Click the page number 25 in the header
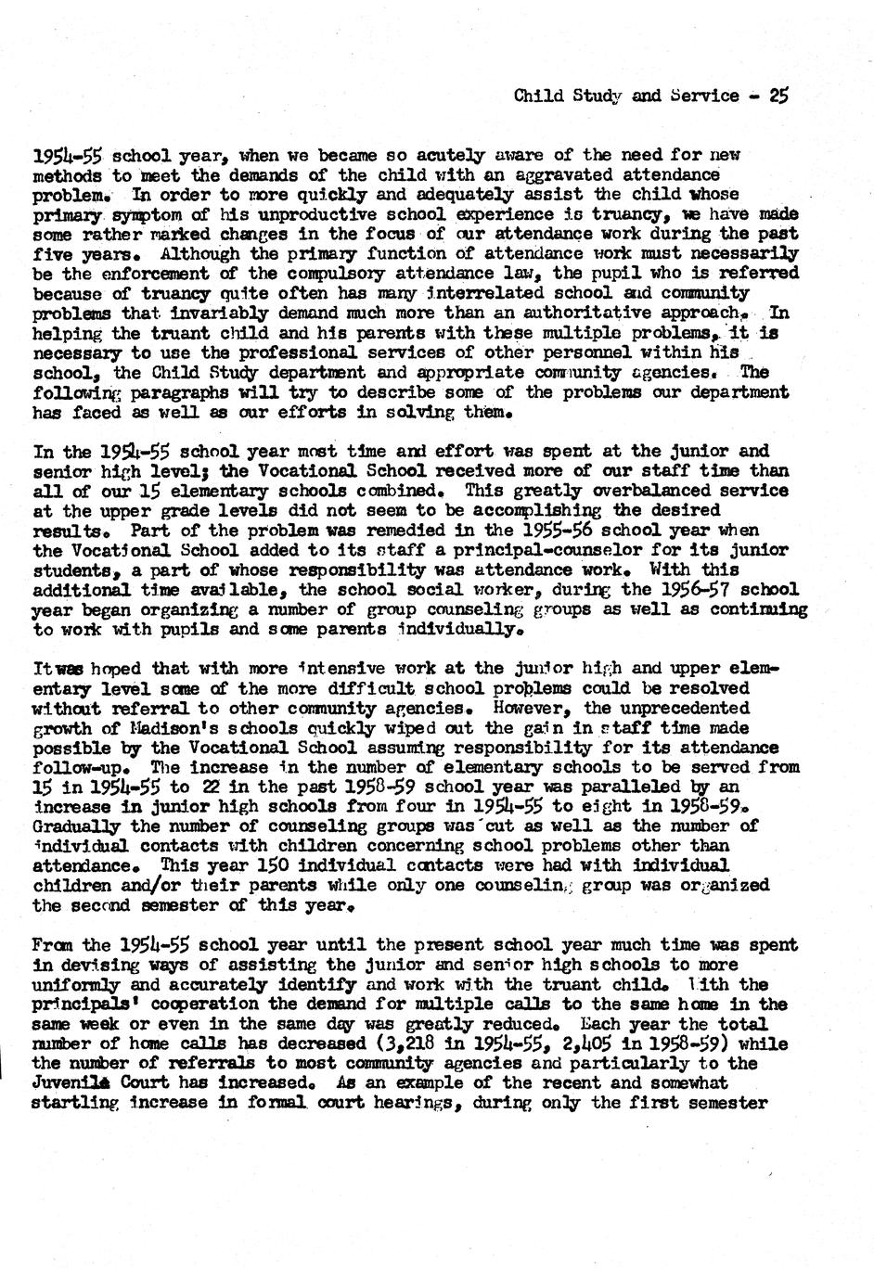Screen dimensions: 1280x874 778,95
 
